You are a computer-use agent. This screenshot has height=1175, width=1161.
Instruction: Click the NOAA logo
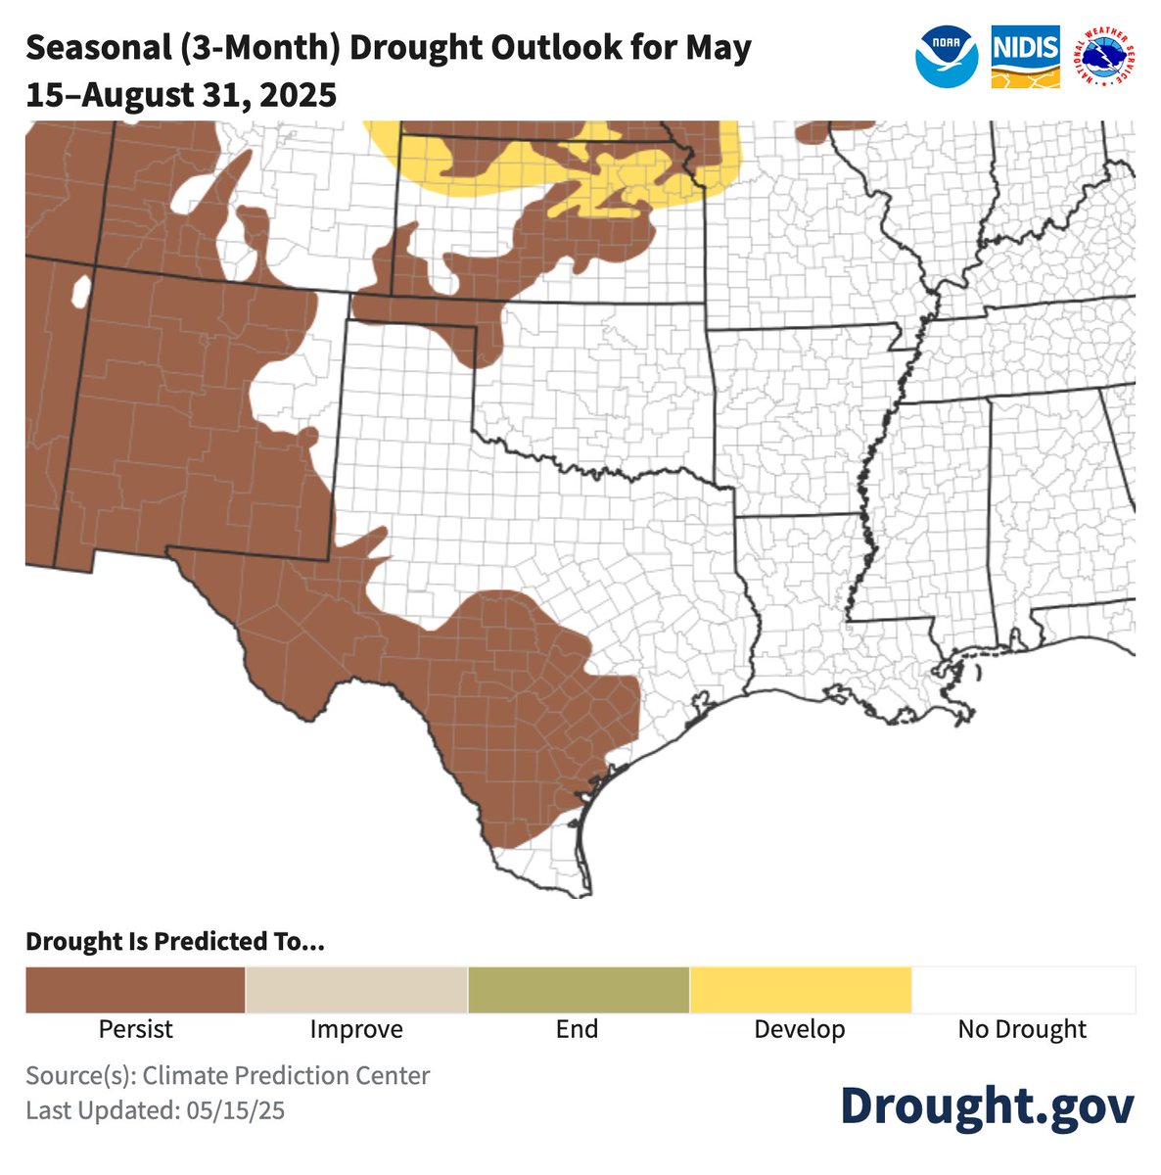(947, 56)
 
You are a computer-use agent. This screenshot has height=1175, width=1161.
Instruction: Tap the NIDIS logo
(1025, 57)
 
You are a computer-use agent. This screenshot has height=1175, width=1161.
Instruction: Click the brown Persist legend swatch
(135, 990)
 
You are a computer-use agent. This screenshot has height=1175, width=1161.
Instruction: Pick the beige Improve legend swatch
(356, 990)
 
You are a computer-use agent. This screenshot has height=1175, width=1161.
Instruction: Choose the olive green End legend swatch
(579, 990)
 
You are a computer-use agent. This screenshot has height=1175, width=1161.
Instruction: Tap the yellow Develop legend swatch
(800, 990)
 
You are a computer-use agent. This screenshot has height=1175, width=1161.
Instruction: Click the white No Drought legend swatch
(1022, 990)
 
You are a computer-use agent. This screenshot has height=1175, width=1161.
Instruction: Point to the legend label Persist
(135, 1030)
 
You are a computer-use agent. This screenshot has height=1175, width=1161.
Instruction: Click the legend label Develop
(799, 1030)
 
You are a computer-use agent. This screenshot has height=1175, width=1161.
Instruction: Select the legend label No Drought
(1022, 1030)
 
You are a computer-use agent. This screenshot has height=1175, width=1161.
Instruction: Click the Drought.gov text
(987, 1105)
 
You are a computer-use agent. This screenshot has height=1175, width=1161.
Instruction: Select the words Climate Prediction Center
(286, 1075)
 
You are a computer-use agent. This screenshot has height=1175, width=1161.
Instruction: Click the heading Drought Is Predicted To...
(174, 942)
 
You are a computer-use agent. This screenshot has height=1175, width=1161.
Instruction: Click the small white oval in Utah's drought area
(81, 291)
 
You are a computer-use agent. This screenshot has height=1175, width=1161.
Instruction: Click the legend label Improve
(356, 1030)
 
